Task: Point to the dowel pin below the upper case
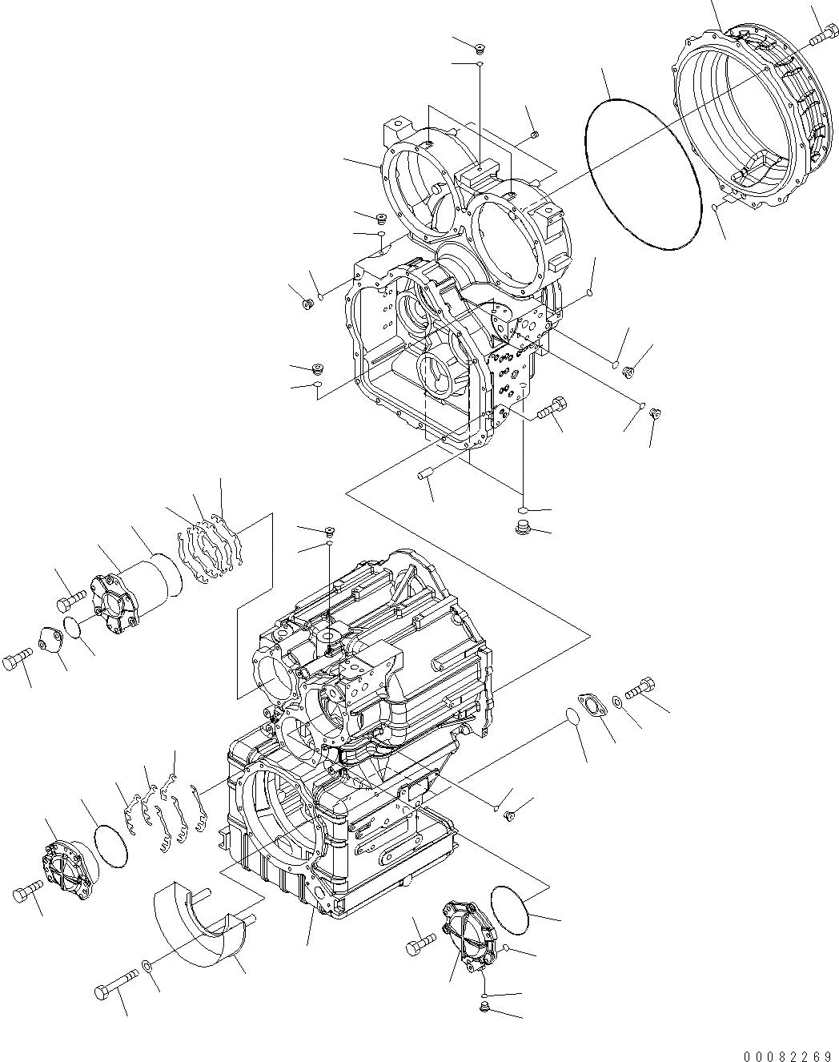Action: (425, 476)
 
